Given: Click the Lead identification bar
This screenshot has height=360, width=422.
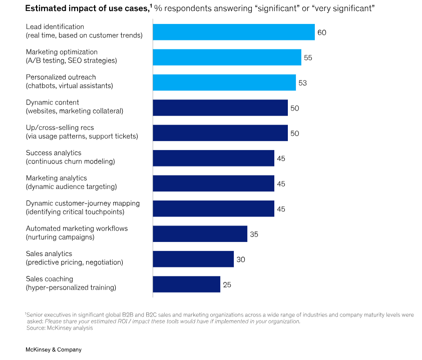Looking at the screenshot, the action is click(x=234, y=32).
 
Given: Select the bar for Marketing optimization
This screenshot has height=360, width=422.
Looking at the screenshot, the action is click(x=227, y=57).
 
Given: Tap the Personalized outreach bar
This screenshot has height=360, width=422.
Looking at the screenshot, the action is click(x=224, y=82).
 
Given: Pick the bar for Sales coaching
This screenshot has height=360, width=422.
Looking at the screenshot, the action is click(x=187, y=284).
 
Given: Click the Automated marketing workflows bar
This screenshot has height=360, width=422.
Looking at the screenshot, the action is click(x=200, y=233).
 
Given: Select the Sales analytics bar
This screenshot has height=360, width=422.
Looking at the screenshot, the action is click(x=193, y=259).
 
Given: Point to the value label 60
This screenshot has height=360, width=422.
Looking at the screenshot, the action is click(x=321, y=32).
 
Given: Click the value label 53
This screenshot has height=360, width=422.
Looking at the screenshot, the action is click(x=302, y=83).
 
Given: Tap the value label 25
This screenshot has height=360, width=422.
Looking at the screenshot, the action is click(x=227, y=284).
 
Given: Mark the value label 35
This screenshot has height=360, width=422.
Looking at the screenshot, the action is click(x=254, y=234).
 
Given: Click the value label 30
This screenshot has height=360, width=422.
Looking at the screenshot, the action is click(x=241, y=259).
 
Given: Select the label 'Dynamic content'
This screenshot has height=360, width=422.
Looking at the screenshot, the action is click(x=53, y=102).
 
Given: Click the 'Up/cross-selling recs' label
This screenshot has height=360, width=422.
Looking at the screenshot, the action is click(x=60, y=127).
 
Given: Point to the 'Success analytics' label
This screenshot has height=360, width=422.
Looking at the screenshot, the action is click(x=54, y=153).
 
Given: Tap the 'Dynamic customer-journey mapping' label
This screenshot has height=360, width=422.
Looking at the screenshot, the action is click(x=83, y=203).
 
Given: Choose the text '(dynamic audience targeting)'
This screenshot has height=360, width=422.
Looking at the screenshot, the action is click(x=71, y=186).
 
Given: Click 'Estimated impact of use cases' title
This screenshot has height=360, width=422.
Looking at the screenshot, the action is click(x=87, y=8).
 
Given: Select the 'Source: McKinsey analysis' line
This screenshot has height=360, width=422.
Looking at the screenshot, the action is click(x=60, y=328).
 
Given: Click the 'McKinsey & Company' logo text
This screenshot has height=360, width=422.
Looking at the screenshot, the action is click(x=54, y=349).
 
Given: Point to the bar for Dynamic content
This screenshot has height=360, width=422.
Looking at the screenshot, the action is click(x=220, y=108).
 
